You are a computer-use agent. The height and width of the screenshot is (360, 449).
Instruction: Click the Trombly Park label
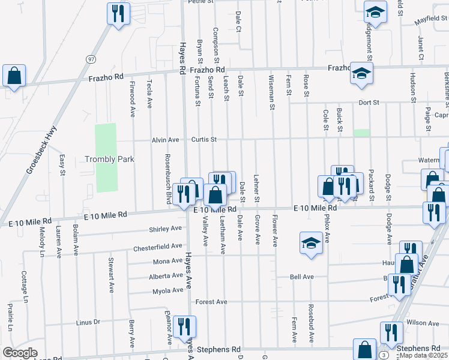pyautogui.click(x=109, y=159)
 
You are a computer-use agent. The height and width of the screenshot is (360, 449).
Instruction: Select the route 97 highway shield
pyautogui.click(x=91, y=59)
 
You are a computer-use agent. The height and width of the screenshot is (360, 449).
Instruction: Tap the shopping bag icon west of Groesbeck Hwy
pyautogui.click(x=14, y=76)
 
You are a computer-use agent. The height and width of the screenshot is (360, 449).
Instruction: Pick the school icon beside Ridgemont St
pyautogui.click(x=375, y=12)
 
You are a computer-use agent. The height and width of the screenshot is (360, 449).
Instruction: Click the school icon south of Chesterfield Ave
pyautogui.click(x=310, y=244)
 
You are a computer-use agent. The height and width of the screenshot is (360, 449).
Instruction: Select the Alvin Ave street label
pyautogui.click(x=166, y=140)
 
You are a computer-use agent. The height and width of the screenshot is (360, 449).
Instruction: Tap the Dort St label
pyautogui.click(x=369, y=103)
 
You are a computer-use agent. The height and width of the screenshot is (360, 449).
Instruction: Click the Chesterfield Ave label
pyautogui.click(x=157, y=247)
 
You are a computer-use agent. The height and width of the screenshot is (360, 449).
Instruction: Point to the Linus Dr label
pyautogui.click(x=88, y=322)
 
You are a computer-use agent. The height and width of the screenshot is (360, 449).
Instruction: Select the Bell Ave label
pyautogui.click(x=302, y=277)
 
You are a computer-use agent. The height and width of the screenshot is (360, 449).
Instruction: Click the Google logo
pyautogui.click(x=20, y=353)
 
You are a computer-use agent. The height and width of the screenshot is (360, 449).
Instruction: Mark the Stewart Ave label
pyautogui.click(x=111, y=275)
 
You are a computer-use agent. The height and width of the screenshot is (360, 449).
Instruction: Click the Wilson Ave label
pyautogui.click(x=419, y=322)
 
